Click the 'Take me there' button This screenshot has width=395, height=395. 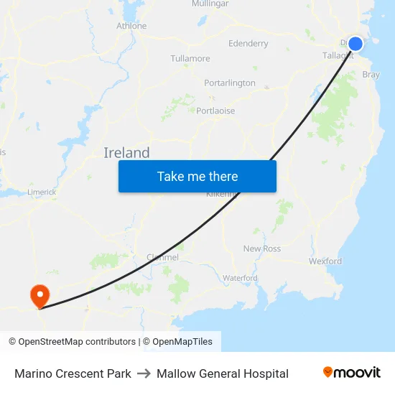click(197, 176)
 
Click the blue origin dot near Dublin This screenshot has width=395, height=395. click(355, 44)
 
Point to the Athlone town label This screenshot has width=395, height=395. click(131, 26)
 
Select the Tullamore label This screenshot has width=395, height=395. click(190, 58)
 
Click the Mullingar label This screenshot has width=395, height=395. click(210, 4)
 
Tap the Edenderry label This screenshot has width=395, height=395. click(248, 44)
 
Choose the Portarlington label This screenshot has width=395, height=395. click(229, 83)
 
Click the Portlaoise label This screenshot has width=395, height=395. click(215, 111)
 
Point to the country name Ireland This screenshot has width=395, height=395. click(126, 152)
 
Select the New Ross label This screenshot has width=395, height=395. click(261, 248)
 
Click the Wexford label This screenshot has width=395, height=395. click(325, 261)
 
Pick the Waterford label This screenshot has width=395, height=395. click(240, 278)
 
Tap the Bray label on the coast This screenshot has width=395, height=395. click(371, 75)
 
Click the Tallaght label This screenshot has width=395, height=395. click(338, 55)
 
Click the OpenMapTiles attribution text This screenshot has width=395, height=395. click(182, 342)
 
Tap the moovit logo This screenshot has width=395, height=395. click(351, 373)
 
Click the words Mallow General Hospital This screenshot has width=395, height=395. click(223, 373)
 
